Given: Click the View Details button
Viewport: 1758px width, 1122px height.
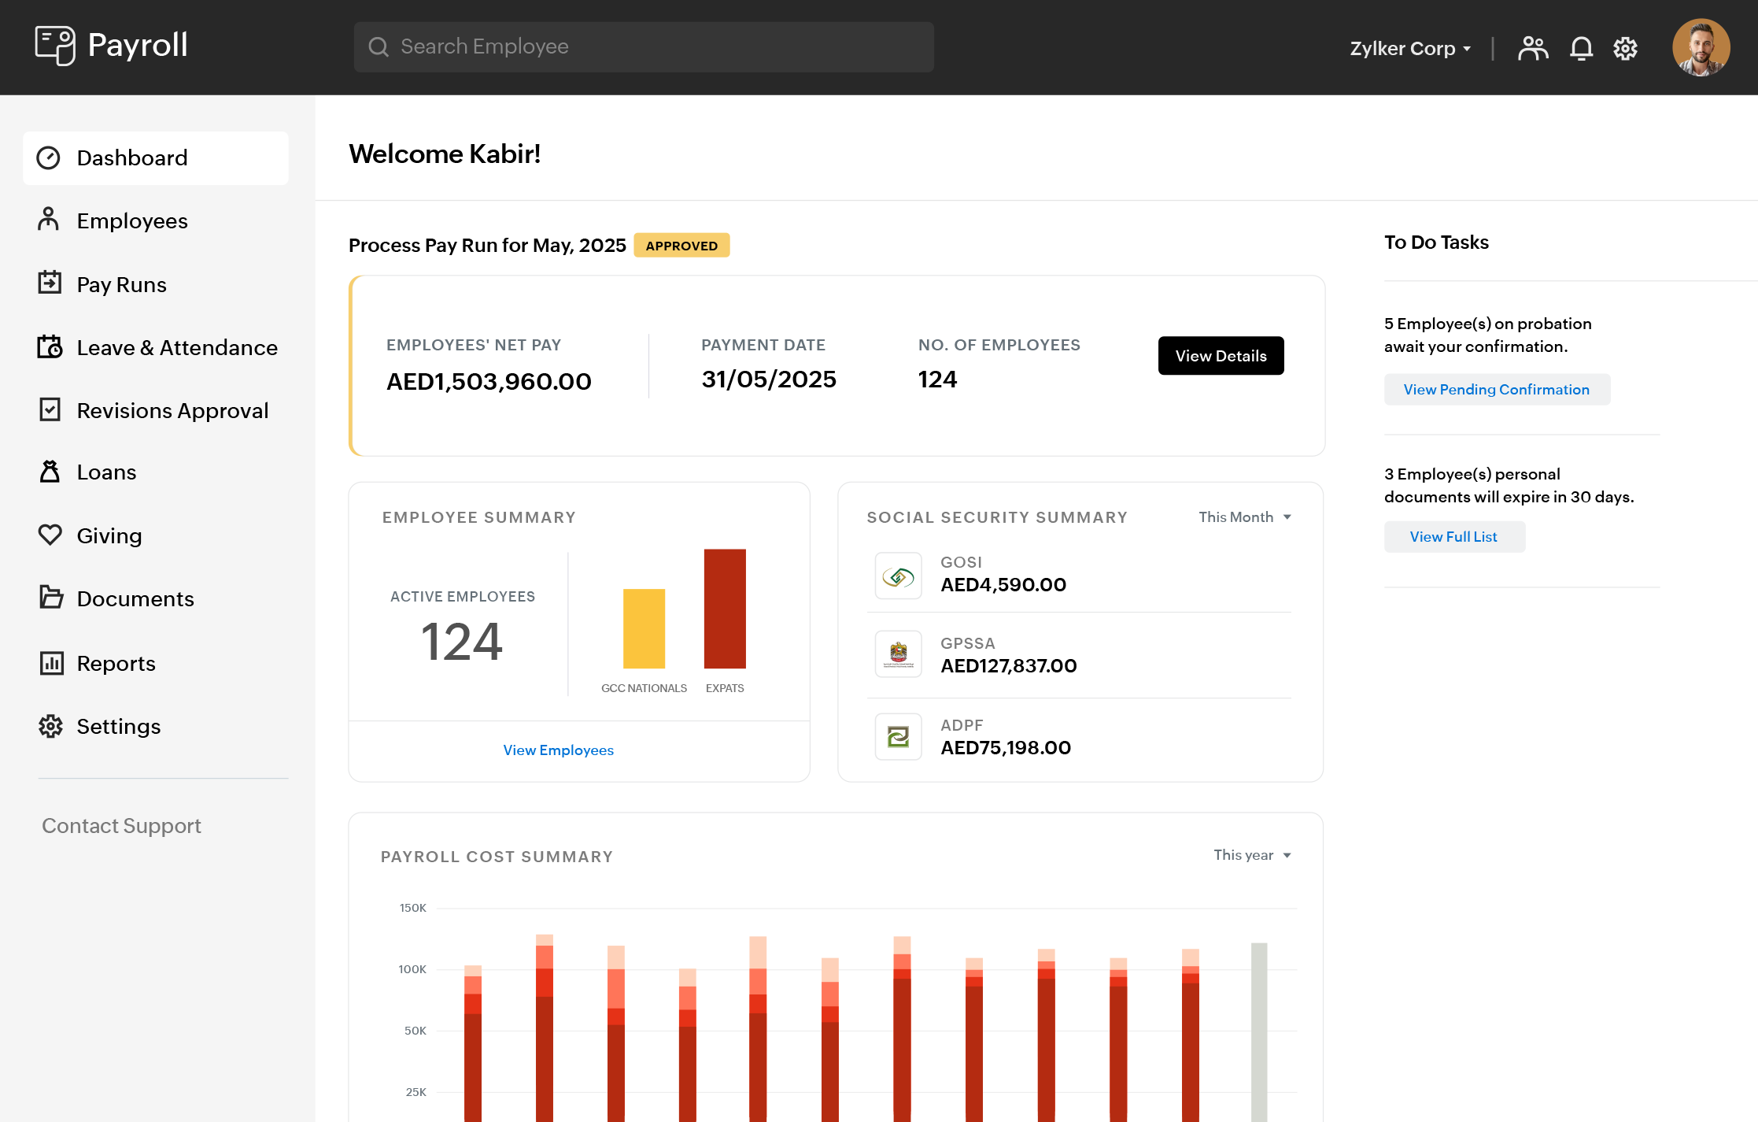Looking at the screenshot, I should [x=1221, y=356].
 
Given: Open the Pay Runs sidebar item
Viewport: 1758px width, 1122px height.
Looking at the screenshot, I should [x=120, y=284].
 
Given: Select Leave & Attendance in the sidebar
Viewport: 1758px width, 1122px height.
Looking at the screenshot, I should [x=176, y=347].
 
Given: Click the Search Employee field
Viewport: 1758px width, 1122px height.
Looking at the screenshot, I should [x=644, y=47].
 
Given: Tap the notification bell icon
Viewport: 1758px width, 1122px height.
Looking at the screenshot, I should [x=1581, y=48].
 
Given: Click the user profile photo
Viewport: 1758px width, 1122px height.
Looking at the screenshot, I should [x=1701, y=48].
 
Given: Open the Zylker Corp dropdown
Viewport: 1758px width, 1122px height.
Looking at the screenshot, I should [x=1410, y=48].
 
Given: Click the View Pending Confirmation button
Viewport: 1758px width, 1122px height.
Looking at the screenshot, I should [x=1496, y=390].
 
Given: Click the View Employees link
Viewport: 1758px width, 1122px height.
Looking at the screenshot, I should [x=558, y=750].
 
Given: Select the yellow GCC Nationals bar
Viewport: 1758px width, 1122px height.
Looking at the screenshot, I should [x=644, y=628].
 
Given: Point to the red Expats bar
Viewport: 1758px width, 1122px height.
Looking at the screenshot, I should [x=725, y=609].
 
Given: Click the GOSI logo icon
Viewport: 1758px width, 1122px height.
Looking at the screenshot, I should [x=898, y=576].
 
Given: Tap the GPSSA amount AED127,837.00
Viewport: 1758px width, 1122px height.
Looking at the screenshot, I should [x=1008, y=666].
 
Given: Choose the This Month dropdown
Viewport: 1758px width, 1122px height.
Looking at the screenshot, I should [x=1244, y=517].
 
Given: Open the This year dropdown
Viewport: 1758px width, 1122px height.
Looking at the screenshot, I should [x=1252, y=855].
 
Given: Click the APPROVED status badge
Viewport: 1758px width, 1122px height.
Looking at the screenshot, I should [x=681, y=246].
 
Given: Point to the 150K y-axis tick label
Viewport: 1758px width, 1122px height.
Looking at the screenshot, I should [x=412, y=908].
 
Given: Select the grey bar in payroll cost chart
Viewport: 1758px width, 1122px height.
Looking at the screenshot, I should [x=1259, y=1031].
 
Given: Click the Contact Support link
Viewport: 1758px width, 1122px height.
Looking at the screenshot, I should [x=121, y=825].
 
